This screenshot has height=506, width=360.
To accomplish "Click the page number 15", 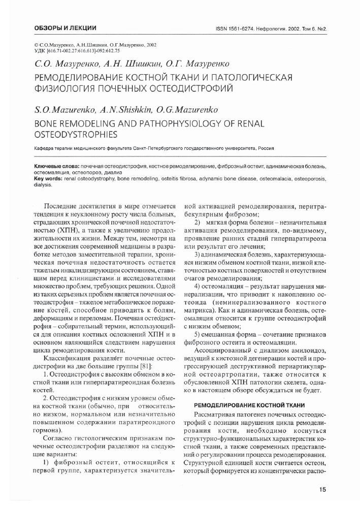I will click(x=322, y=490).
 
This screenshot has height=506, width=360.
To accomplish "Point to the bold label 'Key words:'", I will click(x=48, y=179).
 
